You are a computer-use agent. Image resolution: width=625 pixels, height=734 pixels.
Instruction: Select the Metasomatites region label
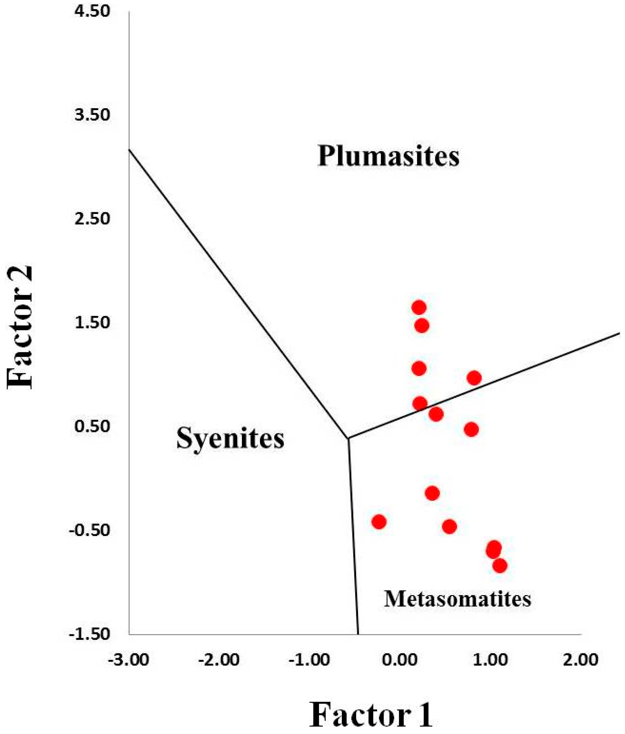pos(457,599)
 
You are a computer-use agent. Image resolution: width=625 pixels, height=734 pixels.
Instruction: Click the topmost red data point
pos(419,308)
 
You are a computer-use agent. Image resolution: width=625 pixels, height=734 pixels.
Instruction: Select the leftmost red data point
pos(379,522)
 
